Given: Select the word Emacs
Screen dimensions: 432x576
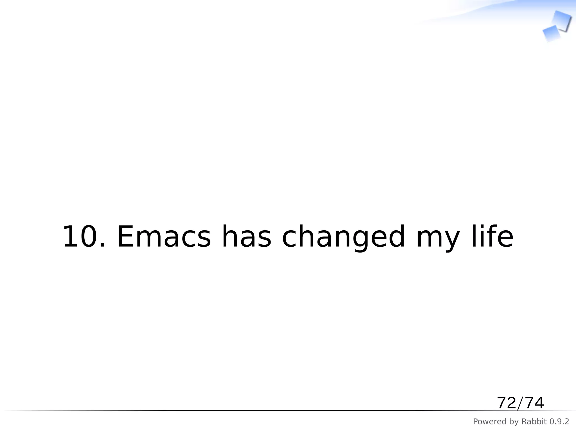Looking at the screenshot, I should (164, 237).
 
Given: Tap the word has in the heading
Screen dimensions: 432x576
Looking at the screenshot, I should (246, 237).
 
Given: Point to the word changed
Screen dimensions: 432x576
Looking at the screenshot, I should (343, 237).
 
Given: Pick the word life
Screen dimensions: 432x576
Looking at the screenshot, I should (492, 237).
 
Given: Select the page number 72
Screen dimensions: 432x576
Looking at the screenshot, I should (507, 403).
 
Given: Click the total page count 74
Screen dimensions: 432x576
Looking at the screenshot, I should (534, 403).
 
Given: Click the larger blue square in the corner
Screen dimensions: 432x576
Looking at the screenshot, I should (561, 20).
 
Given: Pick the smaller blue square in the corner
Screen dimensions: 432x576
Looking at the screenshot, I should (551, 33).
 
